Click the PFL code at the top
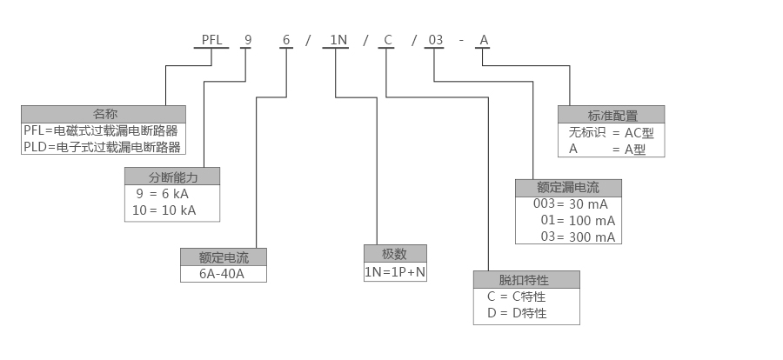(211, 39)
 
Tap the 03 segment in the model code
(435, 39)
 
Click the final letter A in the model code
(485, 39)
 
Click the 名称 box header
(104, 114)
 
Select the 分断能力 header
(173, 177)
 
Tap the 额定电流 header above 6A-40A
(224, 257)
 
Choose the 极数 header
(395, 253)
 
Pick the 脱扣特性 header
(526, 280)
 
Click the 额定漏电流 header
(569, 188)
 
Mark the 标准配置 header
(612, 115)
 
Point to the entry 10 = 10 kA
(164, 210)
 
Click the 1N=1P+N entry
(395, 271)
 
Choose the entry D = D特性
(516, 313)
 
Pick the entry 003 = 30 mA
(570, 204)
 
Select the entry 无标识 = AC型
(611, 133)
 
